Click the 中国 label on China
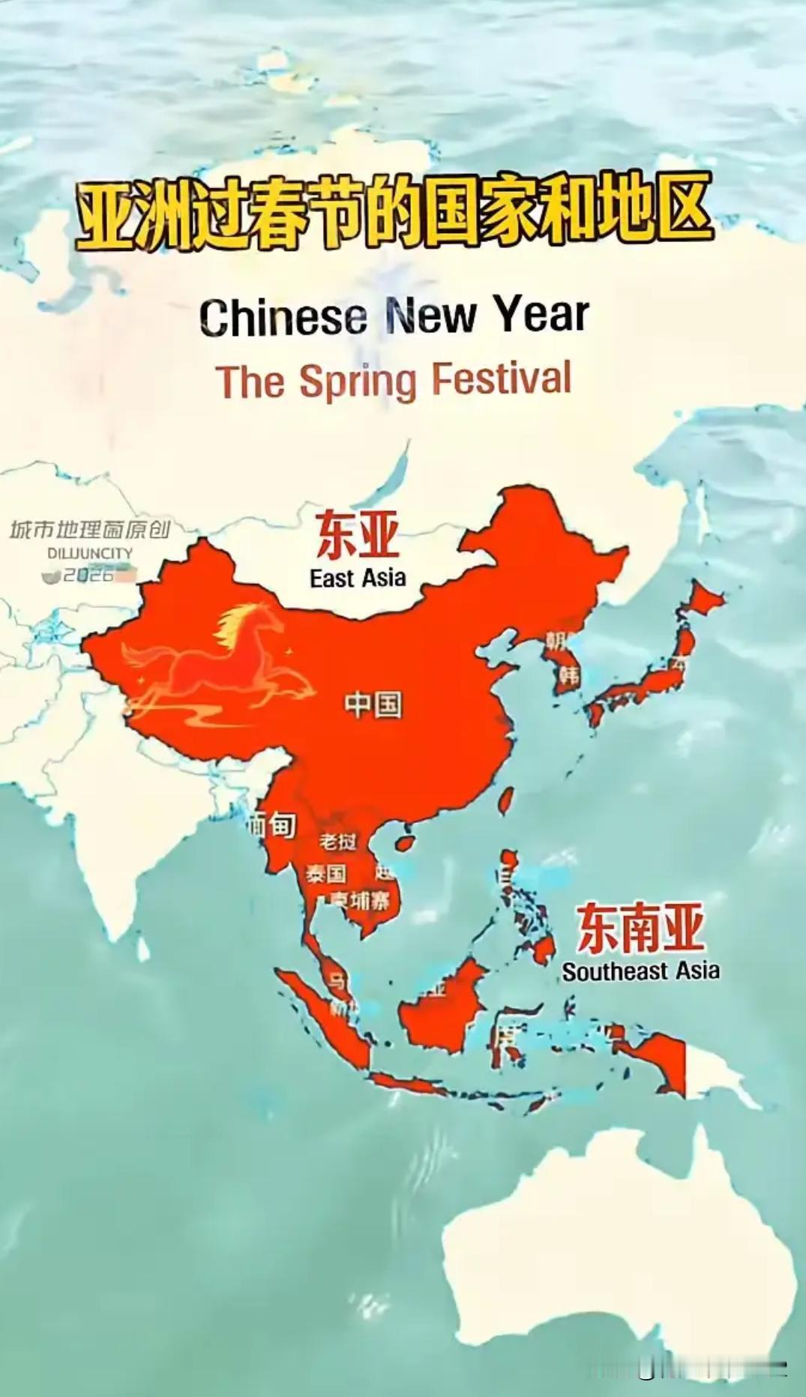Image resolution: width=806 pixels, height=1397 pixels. coord(373,704)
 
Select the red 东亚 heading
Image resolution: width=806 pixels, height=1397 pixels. coord(357,535)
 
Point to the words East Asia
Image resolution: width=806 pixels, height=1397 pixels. coord(358,578)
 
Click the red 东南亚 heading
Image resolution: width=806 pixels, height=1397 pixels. coord(640,928)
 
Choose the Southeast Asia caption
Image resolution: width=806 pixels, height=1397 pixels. coord(640,971)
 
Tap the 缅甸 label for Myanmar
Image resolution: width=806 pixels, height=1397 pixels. coord(271,825)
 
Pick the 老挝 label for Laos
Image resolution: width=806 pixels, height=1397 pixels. coord(337,842)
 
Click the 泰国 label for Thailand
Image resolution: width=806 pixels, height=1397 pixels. coord(325,874)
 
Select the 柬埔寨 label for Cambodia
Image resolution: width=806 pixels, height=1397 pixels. coord(361,902)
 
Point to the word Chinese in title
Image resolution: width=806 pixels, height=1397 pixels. coord(283,316)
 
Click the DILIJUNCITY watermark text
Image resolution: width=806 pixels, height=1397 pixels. coord(90,553)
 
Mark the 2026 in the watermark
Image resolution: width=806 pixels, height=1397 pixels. coord(88,575)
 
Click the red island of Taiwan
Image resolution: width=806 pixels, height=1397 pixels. coord(506,800)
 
